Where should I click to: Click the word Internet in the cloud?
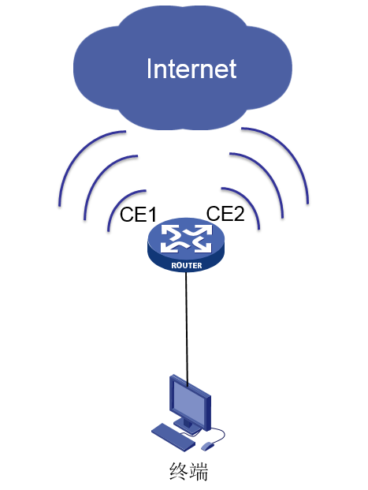pos(191,69)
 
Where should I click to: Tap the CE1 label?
pos(138,215)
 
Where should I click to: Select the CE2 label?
pos(225,213)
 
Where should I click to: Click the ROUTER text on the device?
pos(186,266)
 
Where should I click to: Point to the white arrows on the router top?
pos(186,238)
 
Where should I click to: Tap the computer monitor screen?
pos(188,401)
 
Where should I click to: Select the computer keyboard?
pos(173,437)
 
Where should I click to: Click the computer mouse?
pos(207,446)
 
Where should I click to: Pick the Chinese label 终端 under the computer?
pos(188,472)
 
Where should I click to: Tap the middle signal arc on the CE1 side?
pos(104,181)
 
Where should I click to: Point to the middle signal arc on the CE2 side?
pos(265,178)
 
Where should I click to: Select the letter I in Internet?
pos(149,69)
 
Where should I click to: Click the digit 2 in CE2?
pos(239,213)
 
